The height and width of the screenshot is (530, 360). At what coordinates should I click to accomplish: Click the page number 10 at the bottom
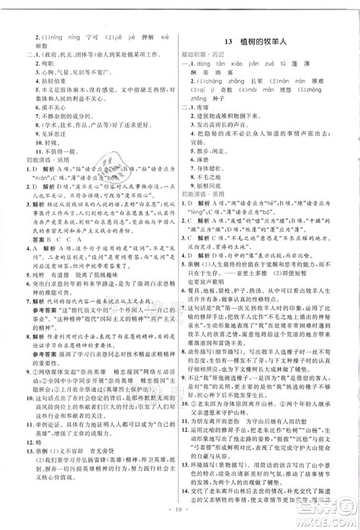[179, 516]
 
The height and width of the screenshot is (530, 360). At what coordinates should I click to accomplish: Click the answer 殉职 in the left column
[38, 63]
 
